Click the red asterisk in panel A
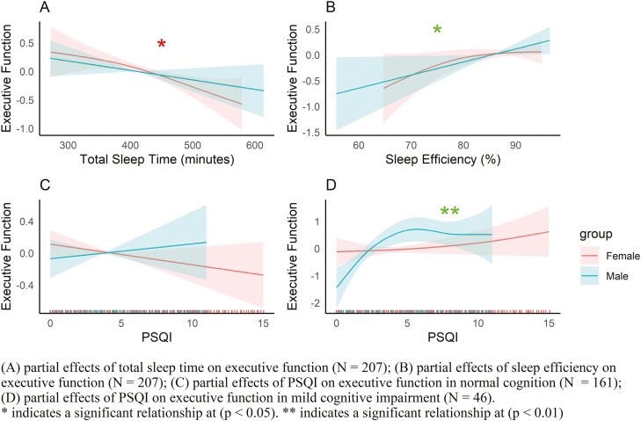pyautogui.click(x=161, y=44)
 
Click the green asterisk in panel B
pyautogui.click(x=437, y=31)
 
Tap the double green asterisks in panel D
pyautogui.click(x=449, y=211)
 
